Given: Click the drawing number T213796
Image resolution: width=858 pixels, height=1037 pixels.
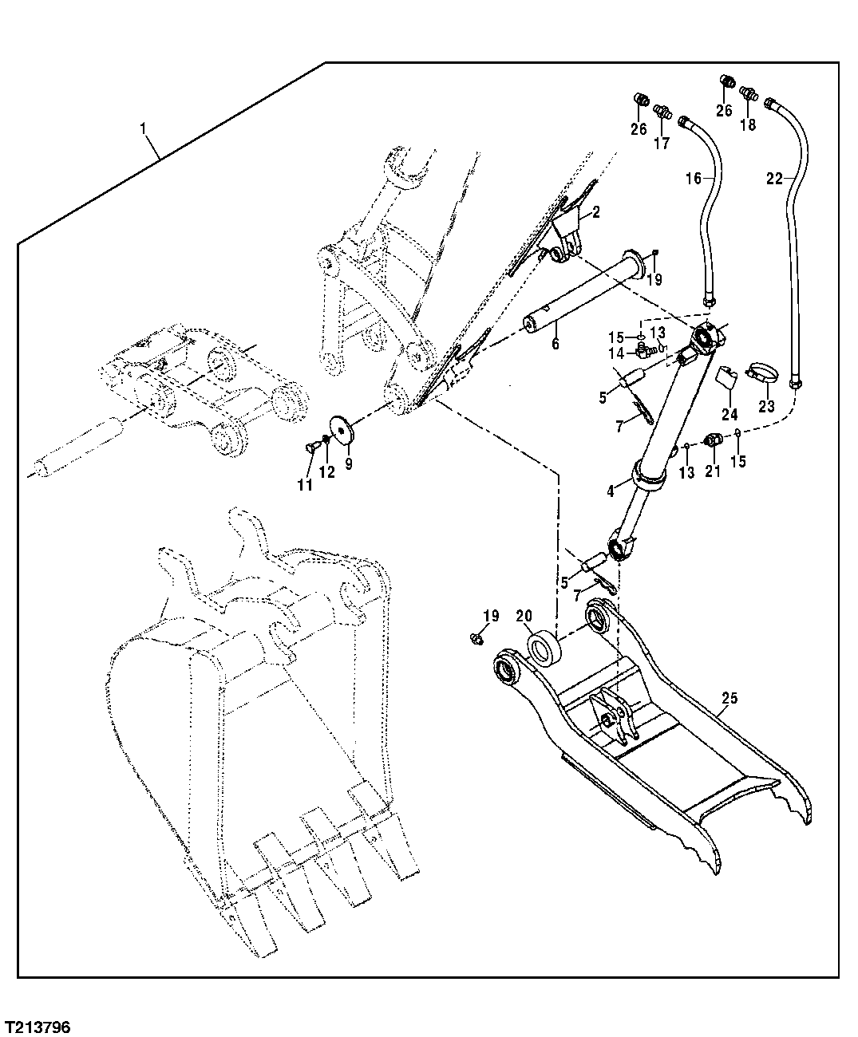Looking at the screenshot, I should click(x=39, y=1023).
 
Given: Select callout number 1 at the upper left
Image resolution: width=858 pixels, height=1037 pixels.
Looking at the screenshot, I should click(x=144, y=128).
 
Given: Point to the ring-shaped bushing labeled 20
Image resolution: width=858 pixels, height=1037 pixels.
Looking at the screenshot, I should click(x=547, y=647).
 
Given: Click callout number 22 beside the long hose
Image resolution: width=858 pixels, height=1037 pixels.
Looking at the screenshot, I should click(x=774, y=179).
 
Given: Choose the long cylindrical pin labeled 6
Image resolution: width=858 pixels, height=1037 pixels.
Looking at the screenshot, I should click(x=583, y=295).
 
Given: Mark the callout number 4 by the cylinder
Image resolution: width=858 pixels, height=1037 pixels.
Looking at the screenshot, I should click(x=611, y=491).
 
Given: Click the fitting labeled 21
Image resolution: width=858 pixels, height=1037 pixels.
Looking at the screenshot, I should click(x=713, y=440).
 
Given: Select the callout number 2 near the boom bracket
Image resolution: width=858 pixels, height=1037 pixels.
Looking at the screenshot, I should click(x=595, y=213).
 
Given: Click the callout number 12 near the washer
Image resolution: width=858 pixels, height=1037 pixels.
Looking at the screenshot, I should click(x=326, y=472).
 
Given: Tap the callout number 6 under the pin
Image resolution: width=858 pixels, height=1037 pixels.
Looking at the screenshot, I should click(x=556, y=343).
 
